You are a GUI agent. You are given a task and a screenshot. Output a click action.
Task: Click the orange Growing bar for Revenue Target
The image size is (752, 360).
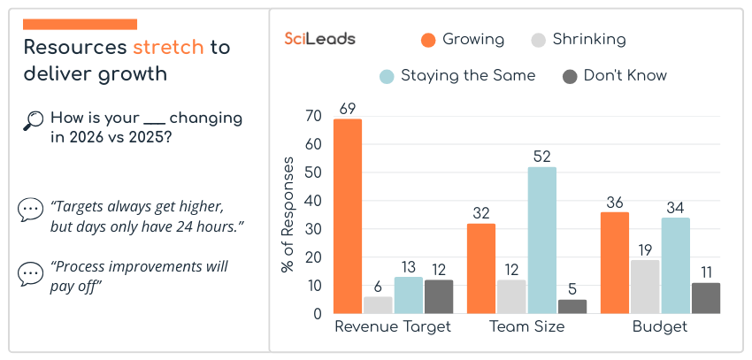pos(348,216)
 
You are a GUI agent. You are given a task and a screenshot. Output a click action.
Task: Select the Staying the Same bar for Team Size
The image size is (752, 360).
pos(542,240)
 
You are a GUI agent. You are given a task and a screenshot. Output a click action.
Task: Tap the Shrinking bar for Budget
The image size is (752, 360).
pos(645,287)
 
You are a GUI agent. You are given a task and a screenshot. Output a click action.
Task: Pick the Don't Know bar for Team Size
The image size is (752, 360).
pos(572,306)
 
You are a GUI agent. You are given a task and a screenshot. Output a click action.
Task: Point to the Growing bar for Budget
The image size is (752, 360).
pos(615,263)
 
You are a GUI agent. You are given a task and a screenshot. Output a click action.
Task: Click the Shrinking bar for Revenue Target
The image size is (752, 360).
pos(378,304)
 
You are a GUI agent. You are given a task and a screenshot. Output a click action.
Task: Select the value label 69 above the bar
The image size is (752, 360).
pos(348,109)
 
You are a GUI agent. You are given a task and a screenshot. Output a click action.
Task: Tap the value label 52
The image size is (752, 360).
pos(542,157)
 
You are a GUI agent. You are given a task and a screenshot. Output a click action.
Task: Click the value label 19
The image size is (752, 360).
pos(645,249)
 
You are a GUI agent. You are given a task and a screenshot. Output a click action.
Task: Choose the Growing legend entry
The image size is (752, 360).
pos(463,40)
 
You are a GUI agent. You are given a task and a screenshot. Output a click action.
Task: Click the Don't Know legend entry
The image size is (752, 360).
pos(614,75)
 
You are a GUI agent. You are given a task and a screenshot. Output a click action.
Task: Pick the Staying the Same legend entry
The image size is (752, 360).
pos(457,75)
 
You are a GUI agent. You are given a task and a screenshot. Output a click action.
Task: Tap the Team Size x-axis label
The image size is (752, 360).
pos(527,327)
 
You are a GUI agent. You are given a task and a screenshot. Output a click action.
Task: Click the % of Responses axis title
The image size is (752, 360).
pos(288,215)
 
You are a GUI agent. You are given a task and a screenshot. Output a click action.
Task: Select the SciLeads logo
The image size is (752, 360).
pos(320,39)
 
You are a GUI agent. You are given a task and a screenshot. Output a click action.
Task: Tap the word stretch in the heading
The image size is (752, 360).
pos(168,47)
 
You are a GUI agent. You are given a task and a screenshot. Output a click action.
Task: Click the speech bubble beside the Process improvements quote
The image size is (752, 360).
pos(30,274)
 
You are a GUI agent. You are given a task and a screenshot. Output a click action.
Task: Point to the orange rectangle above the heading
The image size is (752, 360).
pos(80,24)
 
